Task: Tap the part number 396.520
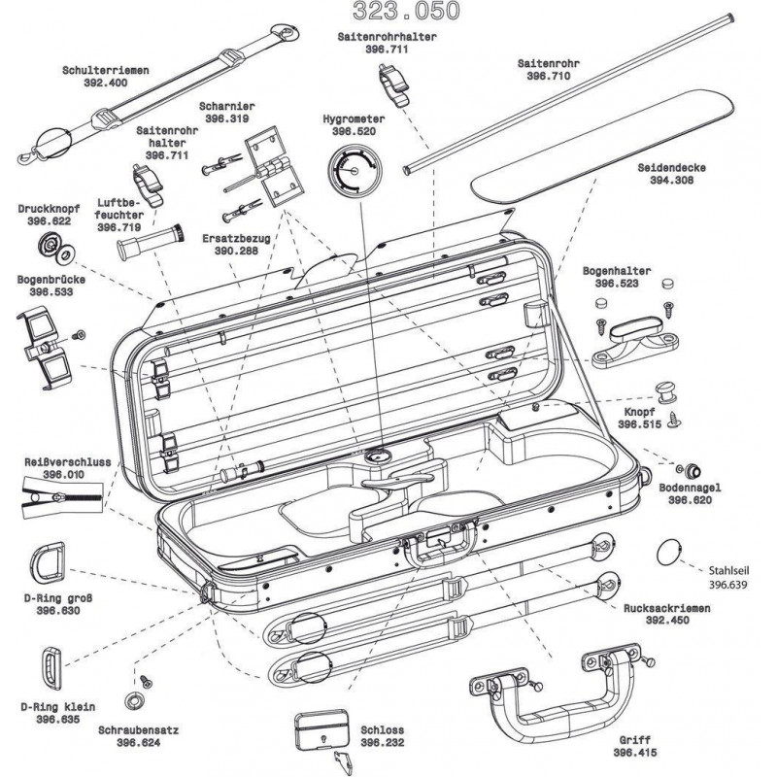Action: point(354,130)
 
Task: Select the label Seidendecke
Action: point(671,167)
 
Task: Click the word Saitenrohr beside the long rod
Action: point(555,62)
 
